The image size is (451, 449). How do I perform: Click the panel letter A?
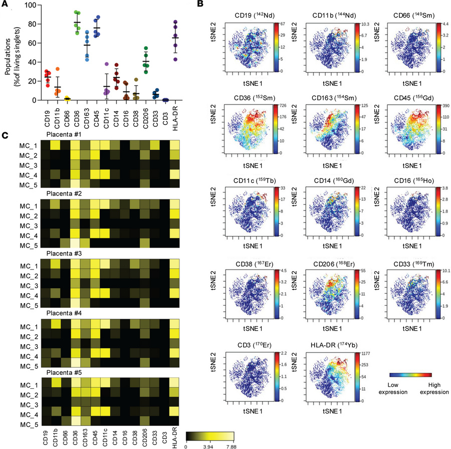coord(5,5)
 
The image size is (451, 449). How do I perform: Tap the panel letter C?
coord(4,135)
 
